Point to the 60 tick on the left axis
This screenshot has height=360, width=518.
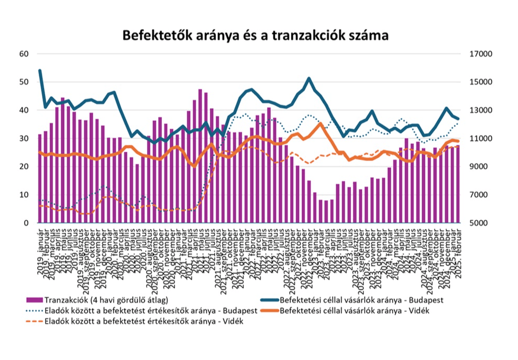[x=24, y=54]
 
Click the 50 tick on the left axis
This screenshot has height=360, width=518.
[x=24, y=82]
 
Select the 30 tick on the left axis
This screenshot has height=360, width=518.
[x=24, y=139]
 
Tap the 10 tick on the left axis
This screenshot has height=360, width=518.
[x=24, y=195]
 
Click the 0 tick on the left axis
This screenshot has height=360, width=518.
[x=26, y=223]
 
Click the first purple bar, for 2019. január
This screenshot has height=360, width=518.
[x=40, y=178]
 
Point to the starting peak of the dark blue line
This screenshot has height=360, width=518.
[x=40, y=71]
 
